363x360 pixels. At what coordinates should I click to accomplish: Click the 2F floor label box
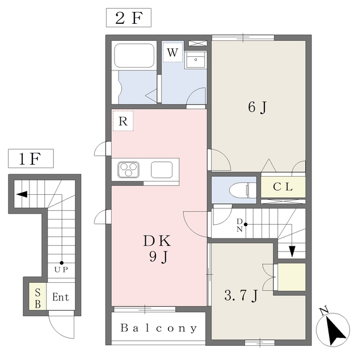pos(128,18)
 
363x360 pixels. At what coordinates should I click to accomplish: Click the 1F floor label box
pos(30,159)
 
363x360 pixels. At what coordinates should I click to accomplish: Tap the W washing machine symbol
pos(173,53)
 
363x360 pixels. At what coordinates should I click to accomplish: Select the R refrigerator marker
pos(123,120)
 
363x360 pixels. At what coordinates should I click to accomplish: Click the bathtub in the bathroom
pos(135,56)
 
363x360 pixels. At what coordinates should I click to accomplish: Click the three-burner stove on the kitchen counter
pos(129,169)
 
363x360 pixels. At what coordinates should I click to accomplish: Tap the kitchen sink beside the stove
pos(162,169)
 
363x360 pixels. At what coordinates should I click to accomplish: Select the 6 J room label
pos(257,107)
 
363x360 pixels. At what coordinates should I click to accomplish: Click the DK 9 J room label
pos(158,249)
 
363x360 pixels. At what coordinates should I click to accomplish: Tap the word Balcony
pos(159,328)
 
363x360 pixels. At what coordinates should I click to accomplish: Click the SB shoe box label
pos(38,297)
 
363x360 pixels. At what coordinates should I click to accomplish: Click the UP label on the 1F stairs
pos(61,270)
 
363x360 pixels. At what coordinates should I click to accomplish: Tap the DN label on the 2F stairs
pos(240,225)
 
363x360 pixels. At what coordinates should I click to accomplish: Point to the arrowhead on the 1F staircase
pos(21,194)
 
